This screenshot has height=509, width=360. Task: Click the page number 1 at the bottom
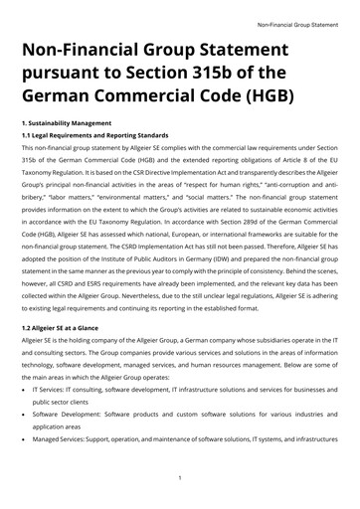(x=179, y=477)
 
